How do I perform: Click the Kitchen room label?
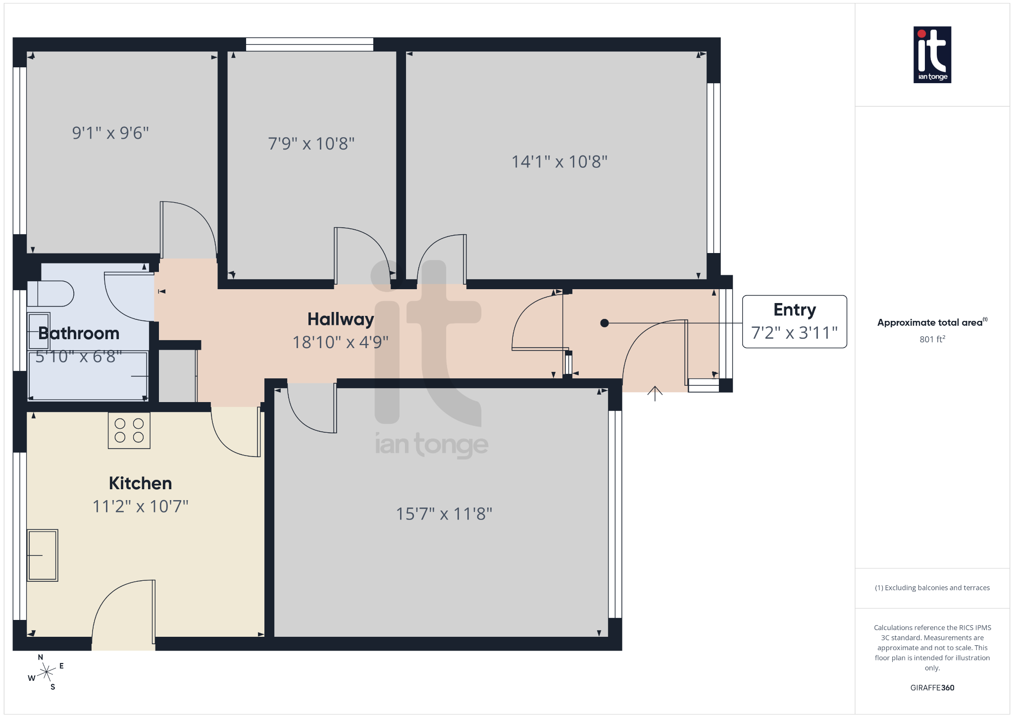[x=140, y=483]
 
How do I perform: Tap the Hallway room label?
[x=341, y=319]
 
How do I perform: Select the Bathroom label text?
[x=79, y=333]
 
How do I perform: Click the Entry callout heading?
[x=795, y=310]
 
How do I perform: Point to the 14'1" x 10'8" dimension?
[x=559, y=162]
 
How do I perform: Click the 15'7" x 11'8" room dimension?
[x=444, y=514]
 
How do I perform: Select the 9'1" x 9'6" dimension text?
[x=110, y=133]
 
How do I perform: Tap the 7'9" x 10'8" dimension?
[x=311, y=144]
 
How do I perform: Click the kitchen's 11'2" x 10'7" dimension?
[x=141, y=507]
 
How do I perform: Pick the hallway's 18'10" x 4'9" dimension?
[x=341, y=342]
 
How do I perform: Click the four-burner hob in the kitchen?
[x=129, y=430]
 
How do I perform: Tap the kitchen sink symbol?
[x=43, y=555]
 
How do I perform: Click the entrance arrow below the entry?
[x=655, y=393]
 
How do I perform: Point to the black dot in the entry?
[x=605, y=323]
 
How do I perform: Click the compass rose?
[x=46, y=672]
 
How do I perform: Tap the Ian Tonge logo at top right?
[x=932, y=54]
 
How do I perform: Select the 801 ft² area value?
[x=932, y=339]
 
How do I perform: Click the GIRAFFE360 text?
[x=932, y=688]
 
